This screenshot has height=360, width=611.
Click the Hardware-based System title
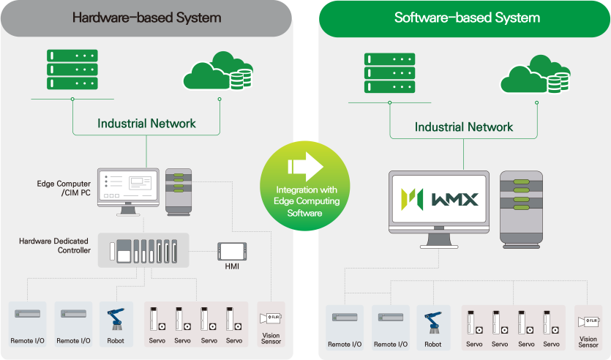146,18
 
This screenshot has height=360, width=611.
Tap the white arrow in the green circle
305,166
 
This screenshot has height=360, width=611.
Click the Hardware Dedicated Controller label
55,245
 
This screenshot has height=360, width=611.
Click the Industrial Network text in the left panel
146,123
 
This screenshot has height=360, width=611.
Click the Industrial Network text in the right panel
464,127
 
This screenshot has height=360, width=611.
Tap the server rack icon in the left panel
72,69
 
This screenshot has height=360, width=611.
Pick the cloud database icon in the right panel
529,75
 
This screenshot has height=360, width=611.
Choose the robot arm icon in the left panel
116,321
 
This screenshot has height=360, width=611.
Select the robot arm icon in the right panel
433,325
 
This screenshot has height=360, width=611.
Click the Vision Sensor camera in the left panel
271,320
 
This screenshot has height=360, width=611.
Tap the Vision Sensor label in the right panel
588,342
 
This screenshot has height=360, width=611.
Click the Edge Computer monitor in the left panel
128,187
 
